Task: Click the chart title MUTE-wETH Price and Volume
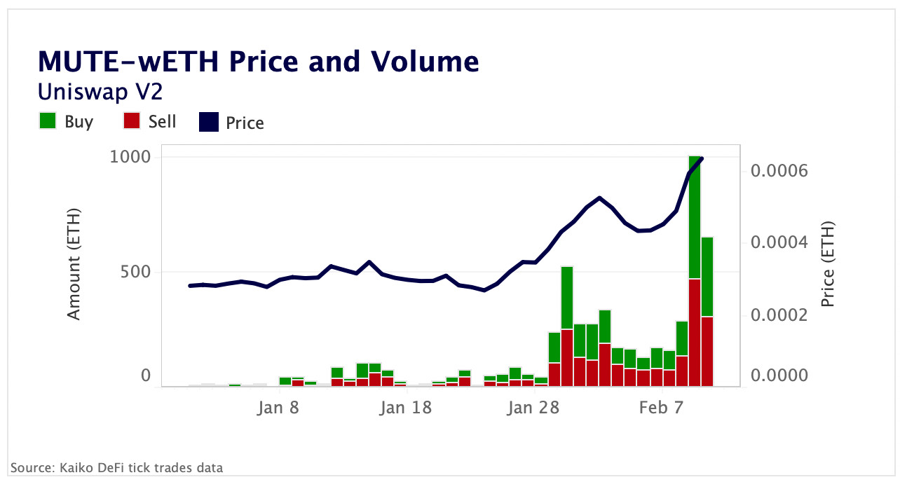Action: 259,62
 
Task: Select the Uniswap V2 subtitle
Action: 101,91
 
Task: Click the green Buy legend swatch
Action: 48,121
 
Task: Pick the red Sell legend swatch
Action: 132,121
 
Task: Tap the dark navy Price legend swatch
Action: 209,123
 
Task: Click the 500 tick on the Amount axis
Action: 136,271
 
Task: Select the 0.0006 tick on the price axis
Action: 779,170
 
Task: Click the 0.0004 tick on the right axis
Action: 779,242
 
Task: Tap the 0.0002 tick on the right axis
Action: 779,315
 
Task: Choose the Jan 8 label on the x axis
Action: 279,408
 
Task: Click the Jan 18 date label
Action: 406,408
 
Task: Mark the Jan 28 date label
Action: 533,408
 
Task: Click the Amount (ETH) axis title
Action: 74,264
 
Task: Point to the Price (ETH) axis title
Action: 828,264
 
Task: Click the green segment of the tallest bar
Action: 695,217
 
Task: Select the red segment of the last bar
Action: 707,350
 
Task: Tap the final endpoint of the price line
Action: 702,158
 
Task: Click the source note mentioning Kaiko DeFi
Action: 116,467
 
